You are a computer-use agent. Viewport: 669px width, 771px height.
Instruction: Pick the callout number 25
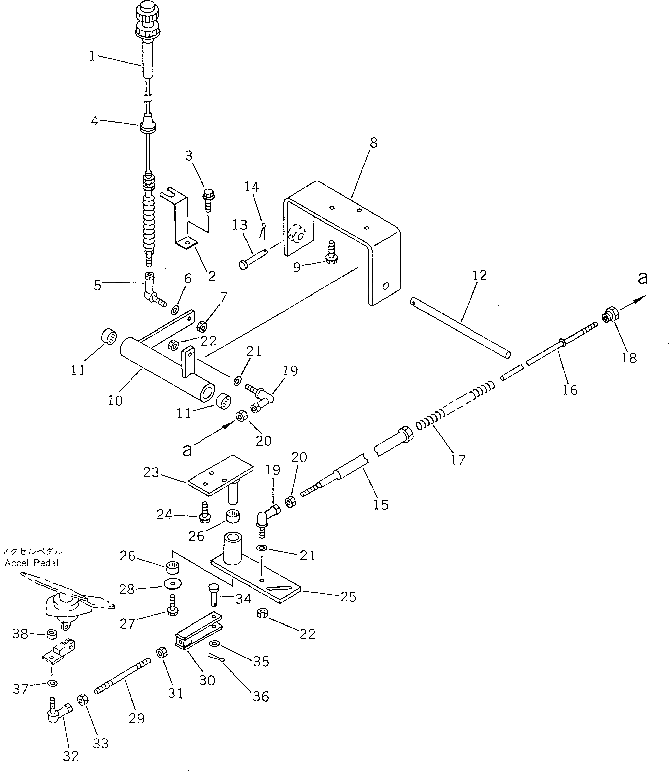click(348, 597)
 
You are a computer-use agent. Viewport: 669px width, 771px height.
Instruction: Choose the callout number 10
click(115, 400)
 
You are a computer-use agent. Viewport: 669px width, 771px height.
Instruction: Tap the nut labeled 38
click(51, 633)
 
